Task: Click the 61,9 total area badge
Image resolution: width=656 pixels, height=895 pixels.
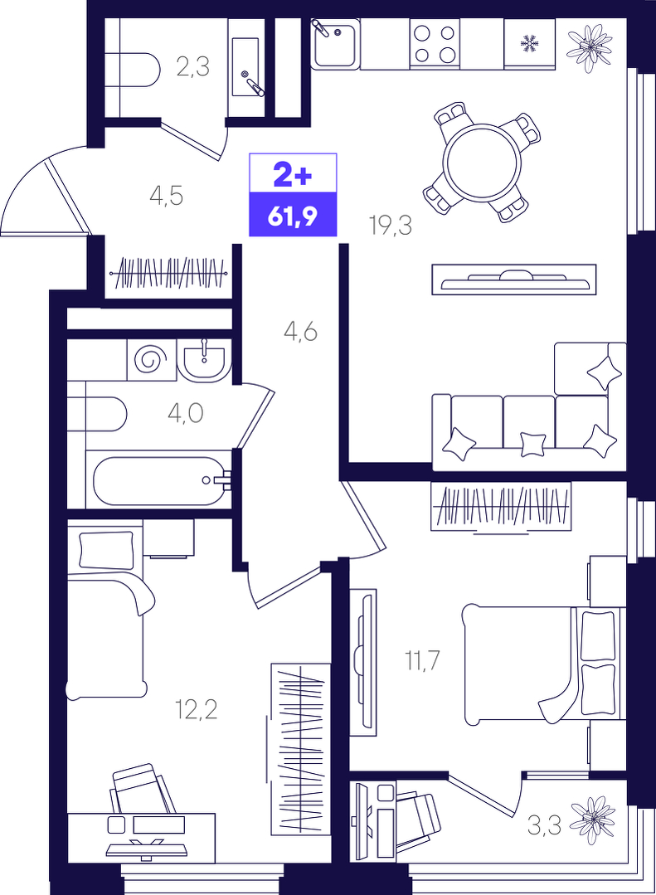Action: pyautogui.click(x=293, y=215)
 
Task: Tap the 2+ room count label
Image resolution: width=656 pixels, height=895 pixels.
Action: pyautogui.click(x=293, y=175)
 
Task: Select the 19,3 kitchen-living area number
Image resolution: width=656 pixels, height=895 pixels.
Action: pyautogui.click(x=391, y=226)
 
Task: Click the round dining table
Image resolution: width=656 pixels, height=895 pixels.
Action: pyautogui.click(x=484, y=162)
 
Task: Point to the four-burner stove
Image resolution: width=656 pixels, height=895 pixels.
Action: pyautogui.click(x=435, y=44)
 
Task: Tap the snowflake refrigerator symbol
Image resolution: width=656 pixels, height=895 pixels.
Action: pyautogui.click(x=530, y=43)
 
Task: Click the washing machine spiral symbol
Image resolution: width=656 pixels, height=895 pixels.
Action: pyautogui.click(x=151, y=360)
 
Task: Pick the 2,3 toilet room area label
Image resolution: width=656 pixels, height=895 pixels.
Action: pyautogui.click(x=193, y=67)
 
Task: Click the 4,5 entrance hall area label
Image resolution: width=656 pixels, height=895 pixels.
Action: pyautogui.click(x=166, y=196)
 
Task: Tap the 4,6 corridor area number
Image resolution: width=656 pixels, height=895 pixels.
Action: pyautogui.click(x=301, y=332)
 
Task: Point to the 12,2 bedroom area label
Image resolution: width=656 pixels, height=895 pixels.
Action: pyautogui.click(x=197, y=710)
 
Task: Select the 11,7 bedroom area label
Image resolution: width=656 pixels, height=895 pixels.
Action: pyautogui.click(x=422, y=661)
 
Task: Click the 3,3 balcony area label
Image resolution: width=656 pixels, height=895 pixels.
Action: pyautogui.click(x=544, y=825)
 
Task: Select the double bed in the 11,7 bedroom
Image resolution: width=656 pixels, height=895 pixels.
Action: pyautogui.click(x=543, y=665)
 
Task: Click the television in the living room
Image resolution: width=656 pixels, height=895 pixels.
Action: pyautogui.click(x=514, y=279)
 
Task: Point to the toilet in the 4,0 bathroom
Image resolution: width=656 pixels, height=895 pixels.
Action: pyautogui.click(x=97, y=414)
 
